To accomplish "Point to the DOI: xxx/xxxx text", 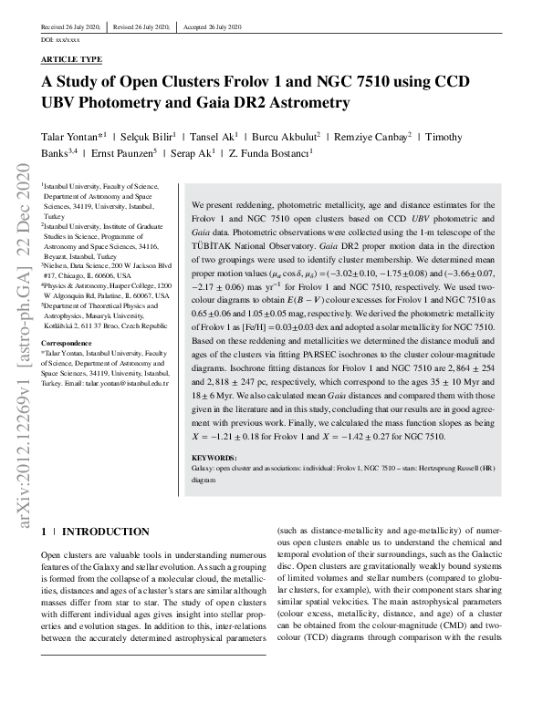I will tap(61, 41).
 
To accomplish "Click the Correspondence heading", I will tap(68, 346).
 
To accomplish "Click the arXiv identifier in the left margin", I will tap(16, 356).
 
